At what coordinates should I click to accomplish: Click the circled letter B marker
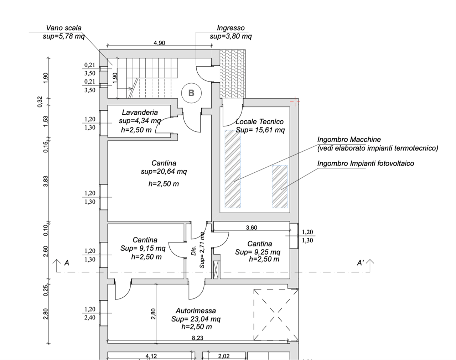(191, 93)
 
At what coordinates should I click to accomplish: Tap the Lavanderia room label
(140, 113)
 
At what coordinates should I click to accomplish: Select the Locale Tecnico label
(260, 122)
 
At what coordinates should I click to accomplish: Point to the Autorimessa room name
(196, 311)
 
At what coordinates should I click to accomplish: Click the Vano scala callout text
(64, 28)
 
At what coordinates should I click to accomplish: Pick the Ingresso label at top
(230, 28)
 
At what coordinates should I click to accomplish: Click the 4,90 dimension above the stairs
(159, 43)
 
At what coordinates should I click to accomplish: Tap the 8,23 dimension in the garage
(197, 338)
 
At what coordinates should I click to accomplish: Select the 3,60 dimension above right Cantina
(252, 228)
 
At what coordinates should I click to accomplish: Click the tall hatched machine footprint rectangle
(233, 169)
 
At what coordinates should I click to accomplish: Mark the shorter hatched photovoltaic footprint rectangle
(280, 187)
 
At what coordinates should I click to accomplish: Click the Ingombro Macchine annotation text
(349, 140)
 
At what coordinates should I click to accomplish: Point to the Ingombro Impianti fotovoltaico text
(366, 163)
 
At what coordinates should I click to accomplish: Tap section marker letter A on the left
(66, 263)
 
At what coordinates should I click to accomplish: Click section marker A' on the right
(361, 263)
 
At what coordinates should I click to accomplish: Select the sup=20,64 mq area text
(164, 172)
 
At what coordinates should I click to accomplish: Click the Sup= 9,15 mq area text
(143, 248)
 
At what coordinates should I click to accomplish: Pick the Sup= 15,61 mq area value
(260, 130)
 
